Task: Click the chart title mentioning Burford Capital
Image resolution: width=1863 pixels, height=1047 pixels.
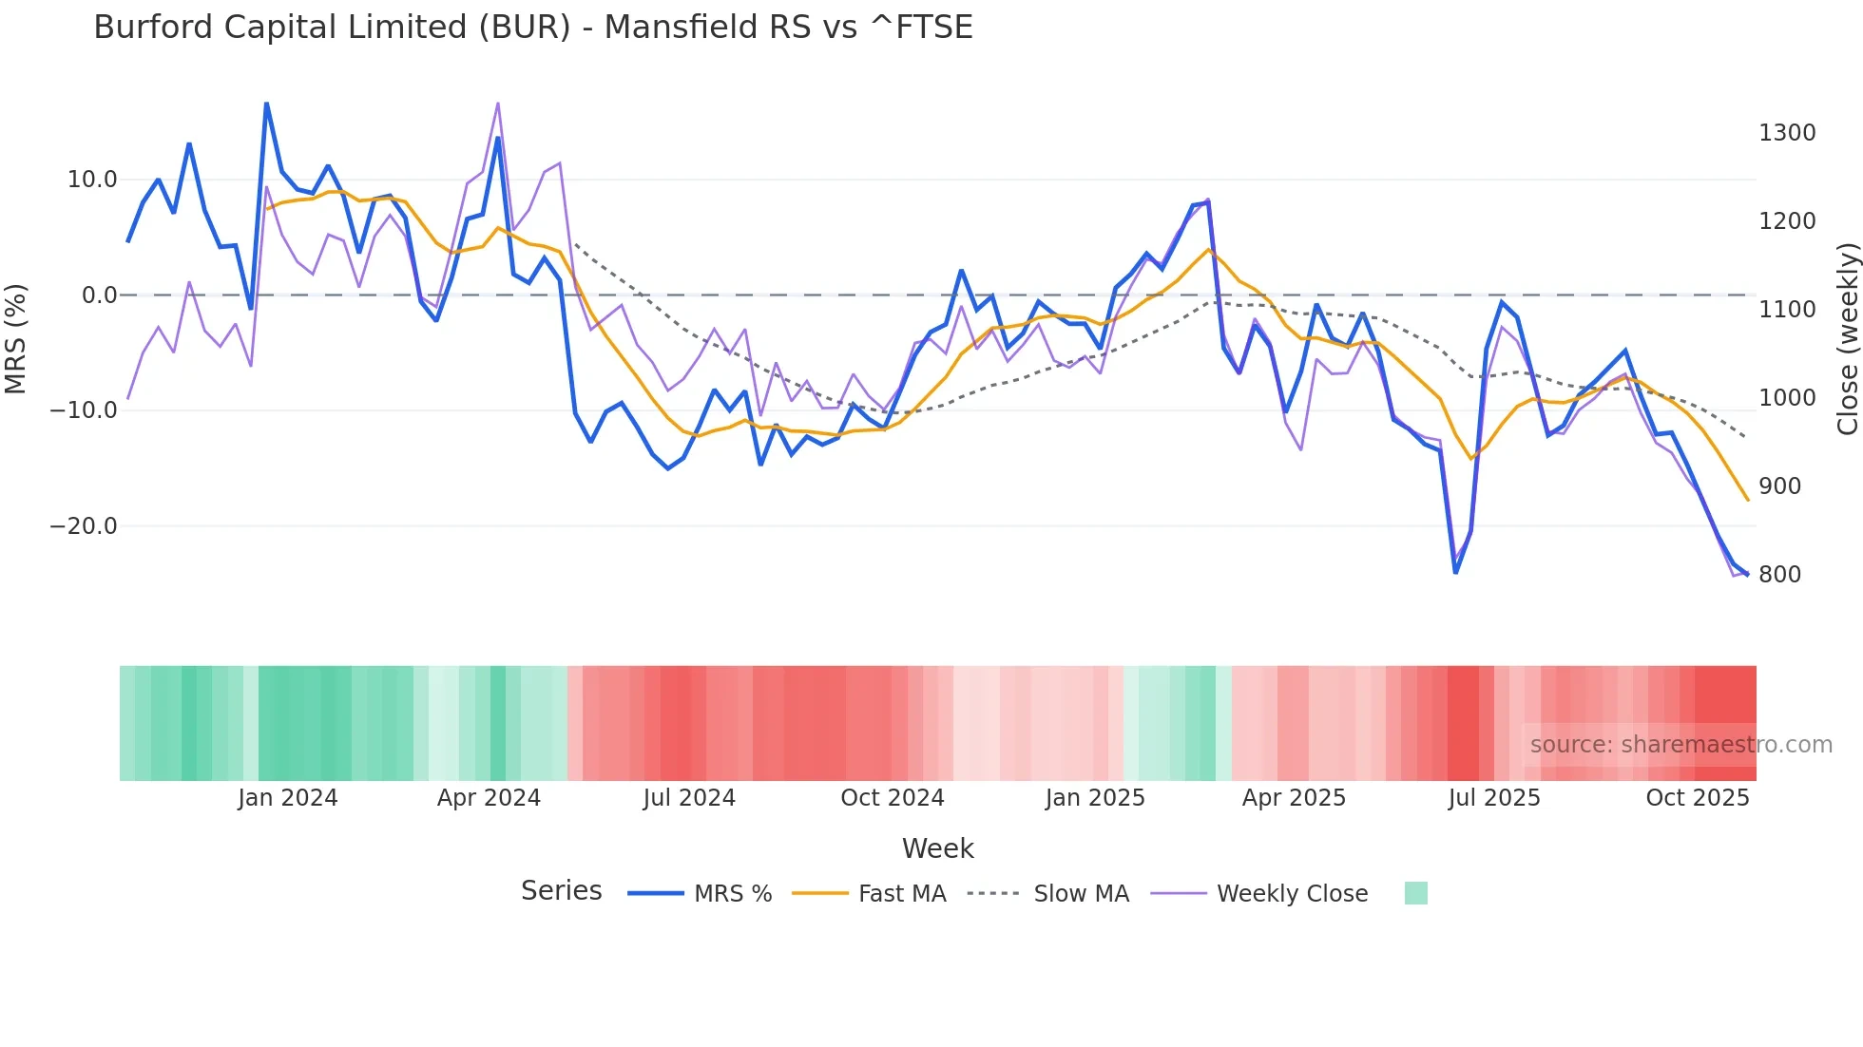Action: pos(532,28)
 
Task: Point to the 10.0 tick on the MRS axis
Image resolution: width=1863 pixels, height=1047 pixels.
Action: pos(92,180)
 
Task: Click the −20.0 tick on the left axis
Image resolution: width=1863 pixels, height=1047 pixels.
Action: pos(84,525)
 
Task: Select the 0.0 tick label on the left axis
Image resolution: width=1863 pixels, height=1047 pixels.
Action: pos(100,295)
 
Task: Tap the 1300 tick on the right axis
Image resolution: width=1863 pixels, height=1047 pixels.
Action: pos(1787,133)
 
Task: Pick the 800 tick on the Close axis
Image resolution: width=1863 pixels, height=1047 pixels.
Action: pos(1779,575)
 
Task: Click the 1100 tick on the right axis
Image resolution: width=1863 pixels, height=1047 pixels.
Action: pos(1787,310)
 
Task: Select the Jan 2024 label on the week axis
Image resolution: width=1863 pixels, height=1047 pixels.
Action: pos(287,798)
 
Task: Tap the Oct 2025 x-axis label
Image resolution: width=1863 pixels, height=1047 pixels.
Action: pos(1697,798)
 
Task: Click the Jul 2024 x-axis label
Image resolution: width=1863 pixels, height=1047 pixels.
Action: pos(689,798)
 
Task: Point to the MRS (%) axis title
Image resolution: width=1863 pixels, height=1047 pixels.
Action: pos(16,338)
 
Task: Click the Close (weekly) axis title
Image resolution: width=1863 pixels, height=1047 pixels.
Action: pos(1847,338)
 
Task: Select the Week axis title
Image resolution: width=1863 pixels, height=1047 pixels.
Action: pos(937,848)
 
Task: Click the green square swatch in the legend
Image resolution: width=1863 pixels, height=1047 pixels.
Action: pos(1415,893)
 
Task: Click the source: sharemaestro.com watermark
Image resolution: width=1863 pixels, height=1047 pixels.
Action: pos(1681,745)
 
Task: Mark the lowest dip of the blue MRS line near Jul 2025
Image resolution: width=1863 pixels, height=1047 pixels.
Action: pos(1455,572)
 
